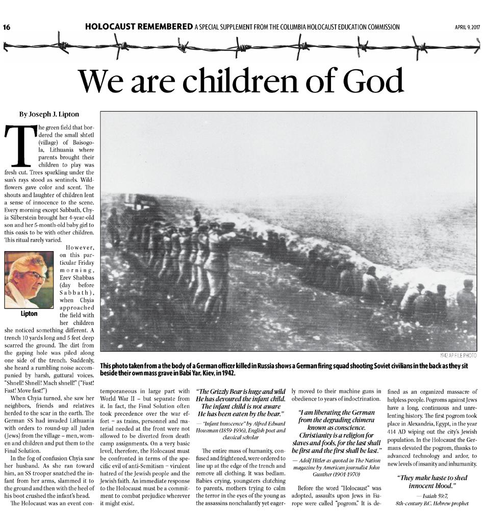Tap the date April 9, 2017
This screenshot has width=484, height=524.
pyautogui.click(x=467, y=27)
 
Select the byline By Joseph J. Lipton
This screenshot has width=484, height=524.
pyautogui.click(x=49, y=114)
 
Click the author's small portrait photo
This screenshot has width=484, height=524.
pyautogui.click(x=29, y=280)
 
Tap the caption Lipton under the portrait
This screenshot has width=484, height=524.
pyautogui.click(x=29, y=314)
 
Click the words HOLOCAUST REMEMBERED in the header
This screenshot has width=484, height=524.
pyautogui.click(x=138, y=27)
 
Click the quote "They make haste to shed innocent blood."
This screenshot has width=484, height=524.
pyautogui.click(x=432, y=482)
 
